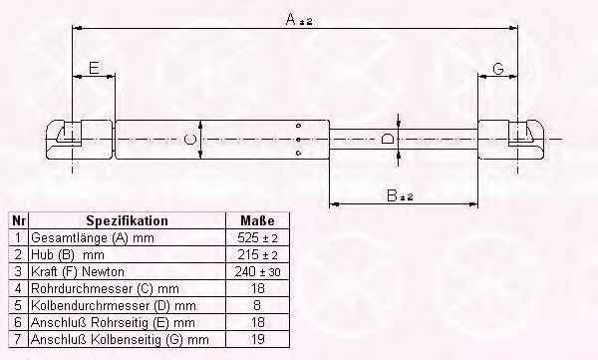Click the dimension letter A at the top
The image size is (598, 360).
click(x=291, y=19)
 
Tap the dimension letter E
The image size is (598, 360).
click(x=94, y=68)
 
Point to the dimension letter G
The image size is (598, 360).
click(x=498, y=69)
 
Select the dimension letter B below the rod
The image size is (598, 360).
click(x=392, y=195)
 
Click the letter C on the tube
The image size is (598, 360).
click(x=189, y=140)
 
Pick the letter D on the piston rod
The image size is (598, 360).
click(x=388, y=139)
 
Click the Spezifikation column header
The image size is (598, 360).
click(x=127, y=220)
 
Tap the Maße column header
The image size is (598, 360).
click(x=257, y=220)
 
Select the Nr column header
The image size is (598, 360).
click(x=19, y=220)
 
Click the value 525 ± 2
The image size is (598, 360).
click(x=257, y=237)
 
